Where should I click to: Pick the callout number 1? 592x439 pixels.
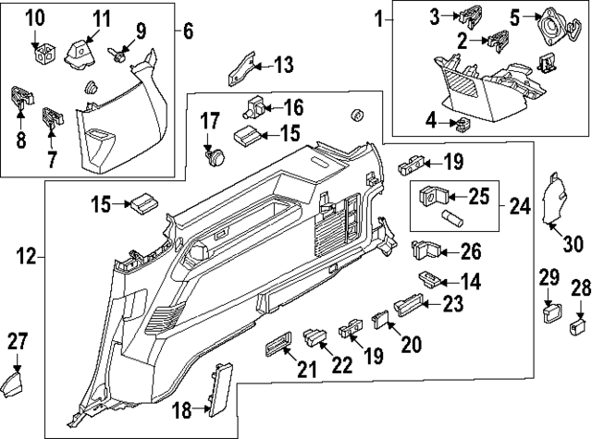pyautogui.click(x=378, y=18)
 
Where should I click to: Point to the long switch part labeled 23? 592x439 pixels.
pyautogui.click(x=409, y=301)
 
